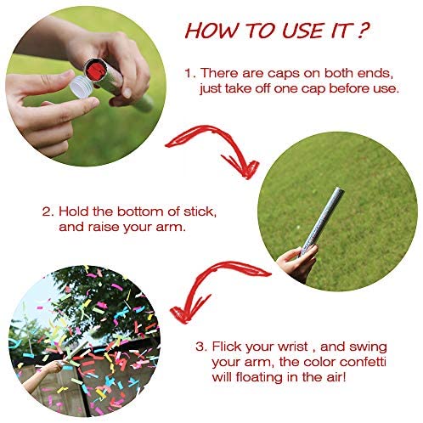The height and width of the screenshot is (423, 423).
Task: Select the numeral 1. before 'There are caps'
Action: tap(190, 73)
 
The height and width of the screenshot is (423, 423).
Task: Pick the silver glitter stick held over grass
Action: tap(322, 222)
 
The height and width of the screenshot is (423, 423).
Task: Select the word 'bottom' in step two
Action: tap(140, 211)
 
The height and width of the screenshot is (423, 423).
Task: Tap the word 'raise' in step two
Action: tap(104, 227)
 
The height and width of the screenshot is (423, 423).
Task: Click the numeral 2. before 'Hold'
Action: tap(48, 211)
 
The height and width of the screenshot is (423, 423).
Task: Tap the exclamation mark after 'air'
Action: tap(344, 377)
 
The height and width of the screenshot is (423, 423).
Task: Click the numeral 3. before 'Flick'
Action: tap(201, 347)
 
